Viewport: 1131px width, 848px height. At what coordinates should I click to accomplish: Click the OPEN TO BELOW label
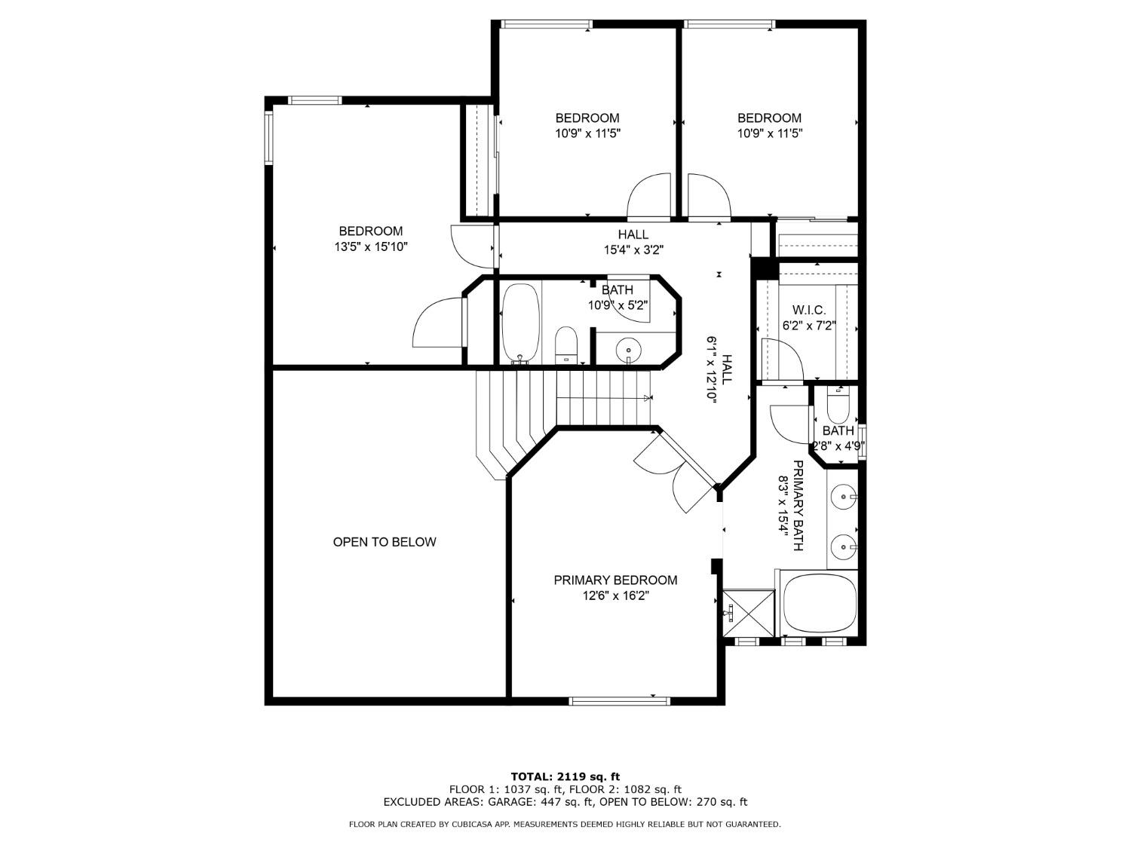[385, 542]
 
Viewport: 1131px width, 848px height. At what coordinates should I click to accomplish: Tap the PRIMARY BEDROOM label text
[615, 580]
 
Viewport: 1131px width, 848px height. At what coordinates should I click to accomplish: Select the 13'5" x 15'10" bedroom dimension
[370, 247]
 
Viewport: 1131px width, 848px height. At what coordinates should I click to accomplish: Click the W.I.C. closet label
[809, 311]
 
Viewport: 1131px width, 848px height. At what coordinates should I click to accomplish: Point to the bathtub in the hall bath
[520, 323]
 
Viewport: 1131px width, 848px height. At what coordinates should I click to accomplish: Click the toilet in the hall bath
[565, 345]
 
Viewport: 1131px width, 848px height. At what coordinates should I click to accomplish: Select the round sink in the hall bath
[627, 350]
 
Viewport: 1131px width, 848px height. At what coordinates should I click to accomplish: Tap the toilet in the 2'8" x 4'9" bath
[838, 408]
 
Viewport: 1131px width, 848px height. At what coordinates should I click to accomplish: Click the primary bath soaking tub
[819, 604]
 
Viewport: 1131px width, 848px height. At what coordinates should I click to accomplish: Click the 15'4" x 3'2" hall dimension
[633, 250]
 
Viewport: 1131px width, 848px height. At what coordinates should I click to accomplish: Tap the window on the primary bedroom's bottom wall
[619, 701]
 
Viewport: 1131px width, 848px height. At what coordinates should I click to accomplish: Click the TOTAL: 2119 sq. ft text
[565, 776]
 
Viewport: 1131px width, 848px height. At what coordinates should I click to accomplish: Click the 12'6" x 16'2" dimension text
[615, 595]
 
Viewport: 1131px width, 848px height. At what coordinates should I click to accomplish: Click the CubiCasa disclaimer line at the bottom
[565, 825]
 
